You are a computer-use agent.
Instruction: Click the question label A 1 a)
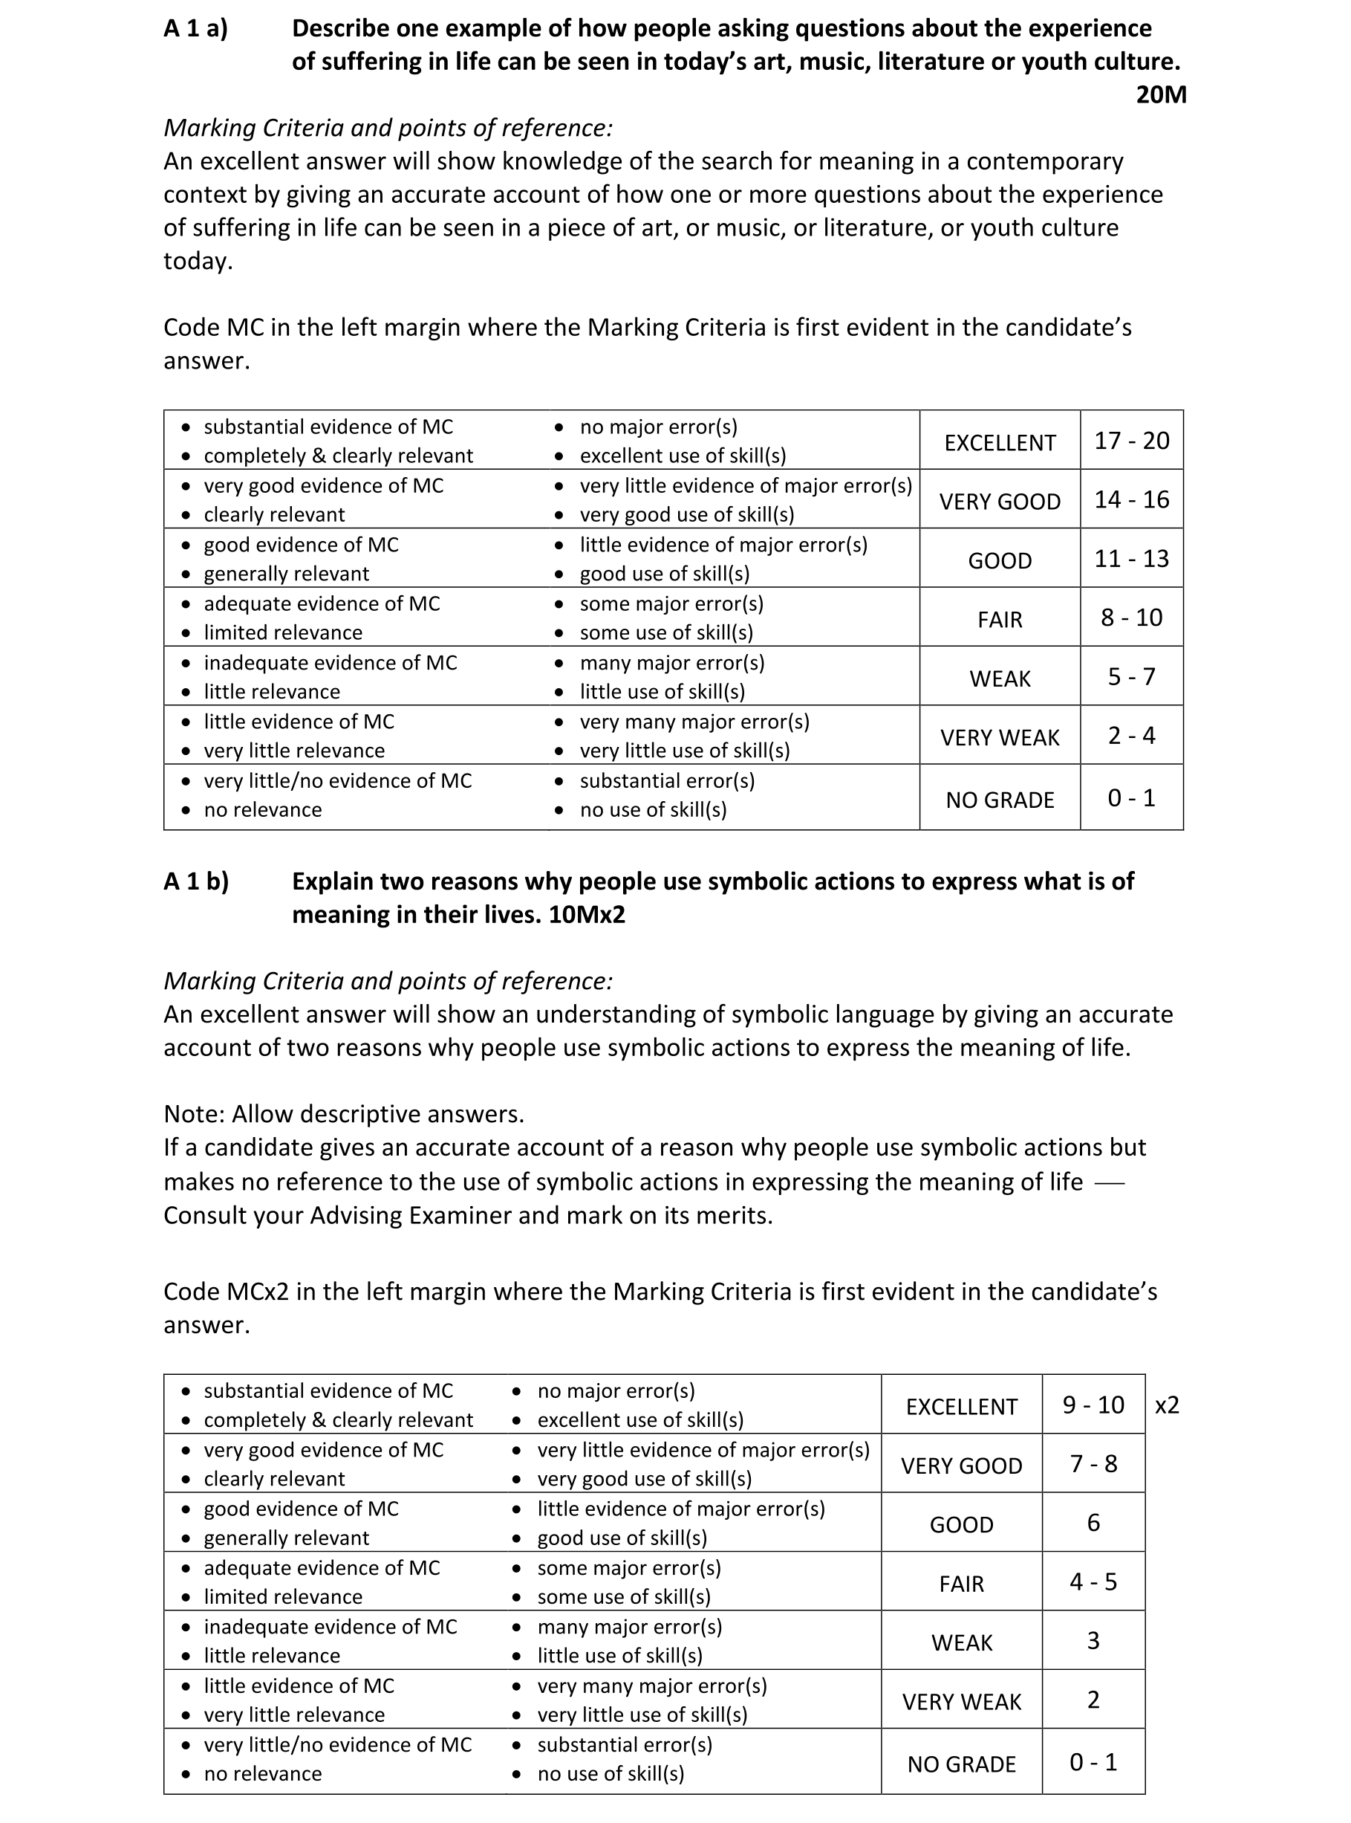195,29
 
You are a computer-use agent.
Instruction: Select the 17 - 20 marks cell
1131,441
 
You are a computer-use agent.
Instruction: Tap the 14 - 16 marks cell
1131,500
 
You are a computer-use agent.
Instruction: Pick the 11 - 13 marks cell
1131,559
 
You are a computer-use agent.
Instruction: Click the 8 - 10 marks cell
1131,618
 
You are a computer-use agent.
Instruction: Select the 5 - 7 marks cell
1131,677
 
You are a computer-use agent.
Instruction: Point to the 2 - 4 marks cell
1131,736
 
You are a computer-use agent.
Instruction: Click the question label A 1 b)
196,881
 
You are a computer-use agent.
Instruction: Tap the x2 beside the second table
1166,1405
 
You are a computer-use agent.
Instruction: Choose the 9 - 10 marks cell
1093,1405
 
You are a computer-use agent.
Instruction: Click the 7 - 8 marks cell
1093,1464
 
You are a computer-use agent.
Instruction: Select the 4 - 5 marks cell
1093,1581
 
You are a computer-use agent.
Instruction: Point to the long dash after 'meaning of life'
1109,1183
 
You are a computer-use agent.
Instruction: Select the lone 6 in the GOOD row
1093,1523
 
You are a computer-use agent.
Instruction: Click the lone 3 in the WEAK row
1093,1640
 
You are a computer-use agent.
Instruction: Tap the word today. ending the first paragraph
198,261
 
